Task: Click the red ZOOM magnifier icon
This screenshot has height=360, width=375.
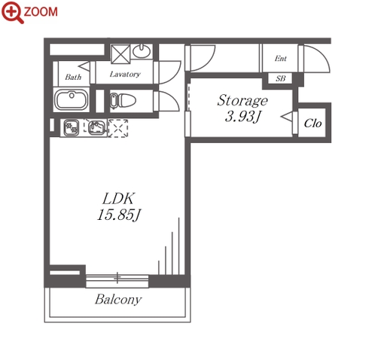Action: click(11, 12)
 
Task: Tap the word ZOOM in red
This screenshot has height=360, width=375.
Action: click(41, 12)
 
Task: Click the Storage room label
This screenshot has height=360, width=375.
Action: click(242, 100)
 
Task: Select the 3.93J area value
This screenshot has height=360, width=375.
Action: click(242, 117)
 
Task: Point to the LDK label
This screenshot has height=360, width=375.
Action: click(118, 198)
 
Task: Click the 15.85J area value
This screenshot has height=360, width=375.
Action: click(119, 215)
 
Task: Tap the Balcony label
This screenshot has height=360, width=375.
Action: click(118, 300)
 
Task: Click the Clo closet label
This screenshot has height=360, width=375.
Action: click(312, 124)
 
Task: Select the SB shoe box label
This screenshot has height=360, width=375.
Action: click(281, 78)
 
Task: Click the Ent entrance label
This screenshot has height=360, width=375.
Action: click(280, 59)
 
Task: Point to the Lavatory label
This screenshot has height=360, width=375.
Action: click(125, 75)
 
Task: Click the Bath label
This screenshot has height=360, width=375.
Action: click(73, 77)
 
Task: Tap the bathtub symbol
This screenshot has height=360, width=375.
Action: click(72, 99)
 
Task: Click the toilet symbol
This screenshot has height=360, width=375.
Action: click(123, 101)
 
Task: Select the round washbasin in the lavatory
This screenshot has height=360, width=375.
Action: click(142, 51)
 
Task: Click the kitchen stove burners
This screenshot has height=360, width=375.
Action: click(72, 127)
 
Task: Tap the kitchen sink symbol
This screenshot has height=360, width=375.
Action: click(97, 127)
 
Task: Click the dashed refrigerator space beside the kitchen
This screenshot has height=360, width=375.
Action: click(118, 128)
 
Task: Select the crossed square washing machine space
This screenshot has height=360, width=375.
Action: click(120, 54)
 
